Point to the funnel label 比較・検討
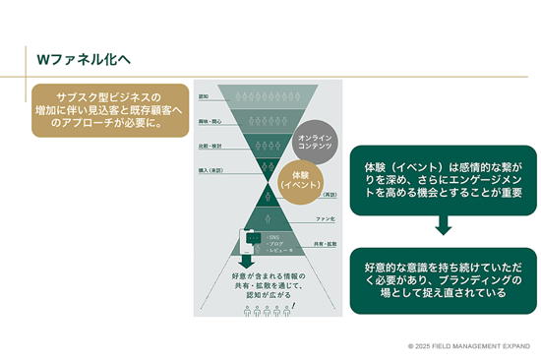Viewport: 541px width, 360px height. (210, 146)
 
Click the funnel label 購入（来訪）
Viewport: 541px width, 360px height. (210, 169)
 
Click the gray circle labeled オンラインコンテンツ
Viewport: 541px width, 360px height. (316, 139)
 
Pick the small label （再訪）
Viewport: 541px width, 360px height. (330, 193)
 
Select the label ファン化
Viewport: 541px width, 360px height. (327, 217)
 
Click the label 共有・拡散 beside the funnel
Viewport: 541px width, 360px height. (325, 243)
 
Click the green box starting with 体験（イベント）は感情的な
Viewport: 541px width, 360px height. (443, 178)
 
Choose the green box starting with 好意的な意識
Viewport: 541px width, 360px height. (443, 280)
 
